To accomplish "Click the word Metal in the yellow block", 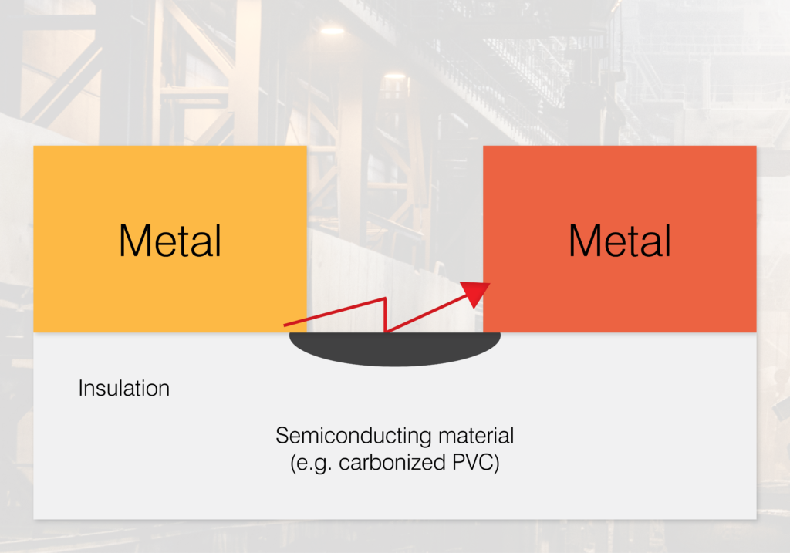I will click(170, 240).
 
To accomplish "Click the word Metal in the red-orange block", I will click(620, 240).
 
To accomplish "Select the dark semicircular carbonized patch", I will click(394, 349).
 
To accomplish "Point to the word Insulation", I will click(123, 388).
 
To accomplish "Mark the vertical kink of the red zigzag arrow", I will click(384, 315).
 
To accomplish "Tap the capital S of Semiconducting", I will click(282, 436).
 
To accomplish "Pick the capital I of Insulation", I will click(81, 388).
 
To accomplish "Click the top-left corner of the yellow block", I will click(34, 147).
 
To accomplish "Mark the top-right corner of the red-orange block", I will click(755, 147).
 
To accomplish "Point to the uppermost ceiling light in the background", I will click(332, 30).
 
